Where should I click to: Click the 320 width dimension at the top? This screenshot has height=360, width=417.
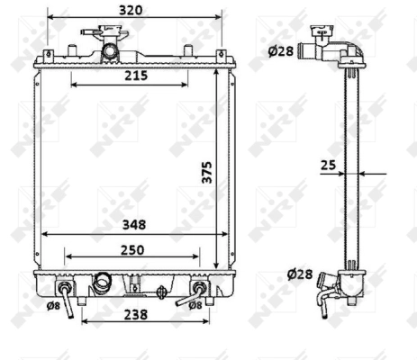131,11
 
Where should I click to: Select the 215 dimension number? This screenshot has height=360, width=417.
135,76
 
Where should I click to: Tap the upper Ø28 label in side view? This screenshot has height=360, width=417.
280,51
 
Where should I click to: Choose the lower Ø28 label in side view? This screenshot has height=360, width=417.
300,274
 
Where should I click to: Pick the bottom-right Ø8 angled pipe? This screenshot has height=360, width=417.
196,291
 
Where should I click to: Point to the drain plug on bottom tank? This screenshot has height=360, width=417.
161,290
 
